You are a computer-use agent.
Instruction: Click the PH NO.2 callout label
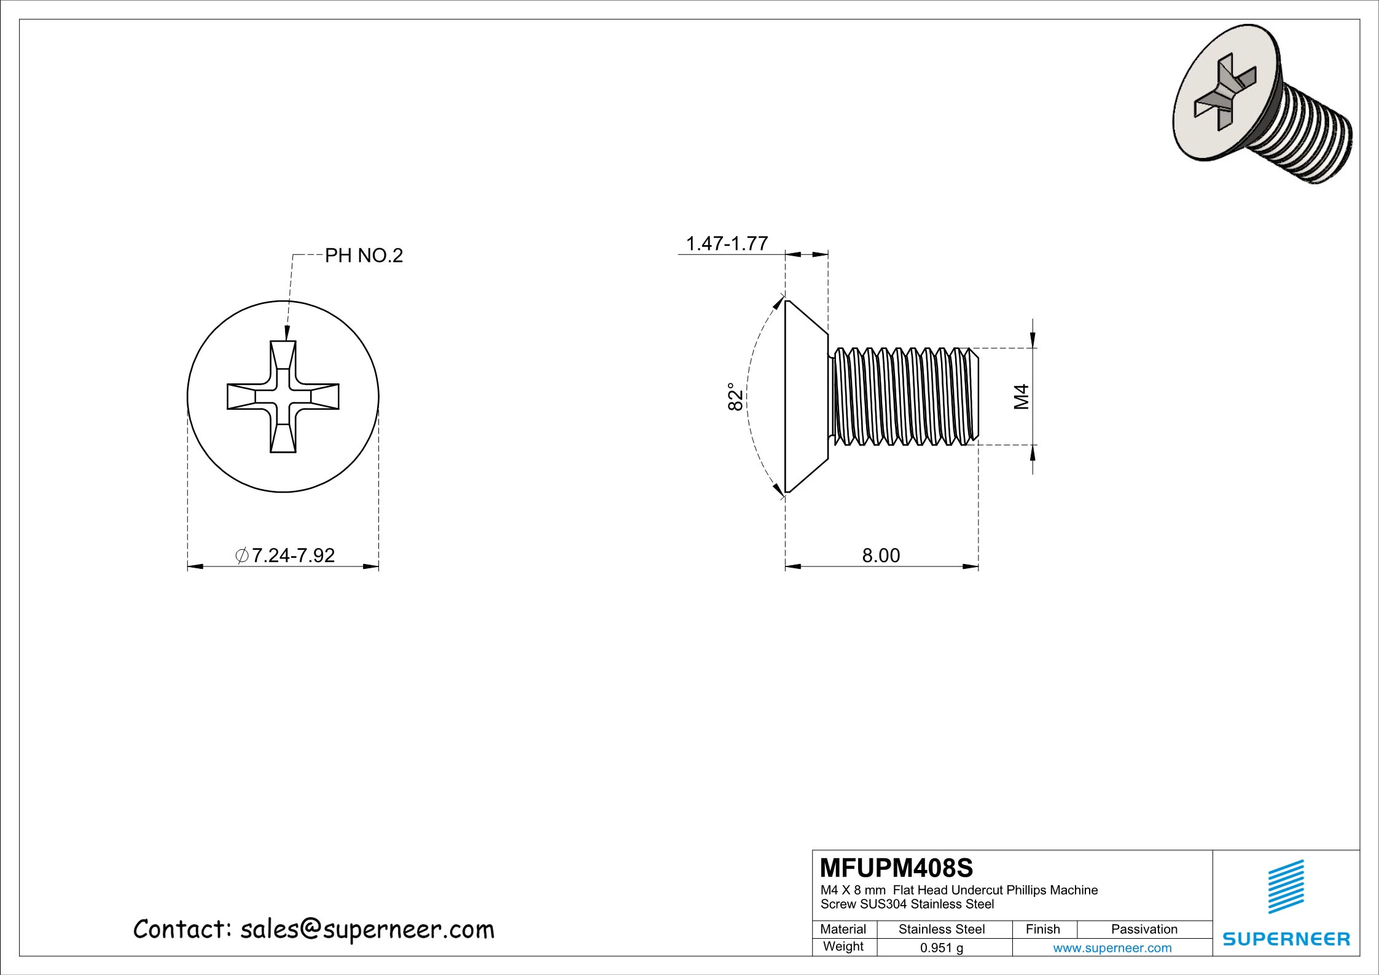point(364,256)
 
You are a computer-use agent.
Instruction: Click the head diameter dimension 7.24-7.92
point(286,555)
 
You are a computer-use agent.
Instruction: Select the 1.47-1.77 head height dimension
point(727,244)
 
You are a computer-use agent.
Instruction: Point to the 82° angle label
point(735,397)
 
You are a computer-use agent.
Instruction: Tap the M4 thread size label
point(1021,397)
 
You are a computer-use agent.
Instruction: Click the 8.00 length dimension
point(881,555)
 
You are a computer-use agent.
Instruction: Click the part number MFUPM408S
point(896,868)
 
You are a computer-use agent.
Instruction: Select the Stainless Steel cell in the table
point(942,930)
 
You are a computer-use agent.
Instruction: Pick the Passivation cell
point(1144,930)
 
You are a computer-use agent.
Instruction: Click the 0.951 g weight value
point(942,948)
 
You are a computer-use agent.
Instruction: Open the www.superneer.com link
point(1112,948)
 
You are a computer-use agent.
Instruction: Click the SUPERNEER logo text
point(1286,939)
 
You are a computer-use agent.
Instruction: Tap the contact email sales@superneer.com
point(367,930)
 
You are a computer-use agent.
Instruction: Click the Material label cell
point(843,930)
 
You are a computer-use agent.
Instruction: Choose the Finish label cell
point(1043,930)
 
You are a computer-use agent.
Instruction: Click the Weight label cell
point(843,947)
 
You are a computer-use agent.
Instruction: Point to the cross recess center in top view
point(283,397)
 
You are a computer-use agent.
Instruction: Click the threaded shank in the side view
point(903,397)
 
